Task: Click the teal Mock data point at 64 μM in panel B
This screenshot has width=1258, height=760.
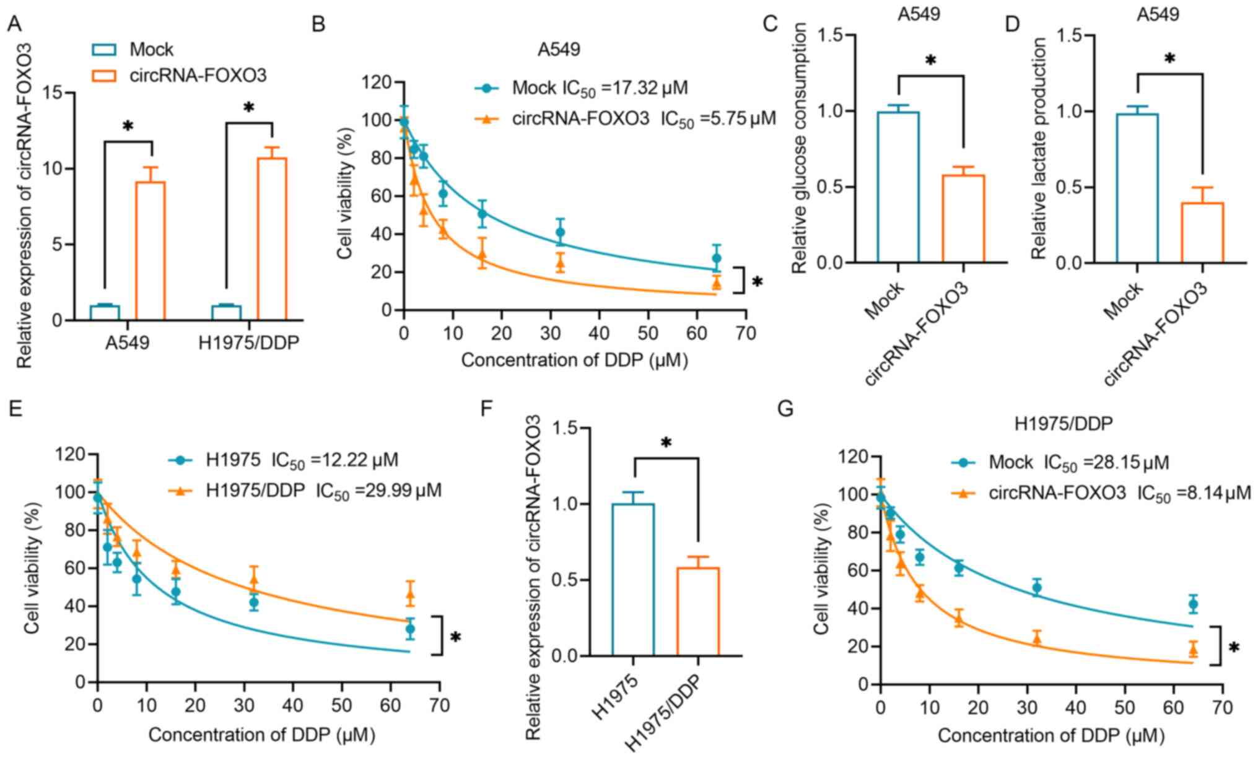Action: tap(716, 258)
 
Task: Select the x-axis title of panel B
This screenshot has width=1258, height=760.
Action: tap(574, 360)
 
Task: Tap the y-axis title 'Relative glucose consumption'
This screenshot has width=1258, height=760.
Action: tap(800, 147)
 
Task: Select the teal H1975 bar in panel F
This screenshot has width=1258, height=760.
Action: tap(632, 580)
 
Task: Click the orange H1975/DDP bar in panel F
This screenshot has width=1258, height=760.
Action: tap(697, 612)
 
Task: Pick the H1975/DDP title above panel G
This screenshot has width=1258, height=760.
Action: tap(1063, 424)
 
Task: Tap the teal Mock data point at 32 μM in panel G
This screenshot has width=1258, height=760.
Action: tap(1036, 588)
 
